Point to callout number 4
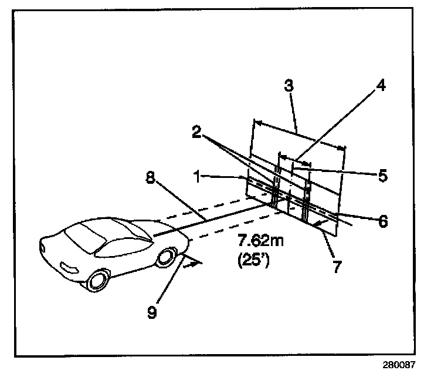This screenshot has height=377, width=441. tap(381, 86)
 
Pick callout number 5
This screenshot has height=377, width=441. tap(381, 175)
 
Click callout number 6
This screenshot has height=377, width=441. tap(382, 221)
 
